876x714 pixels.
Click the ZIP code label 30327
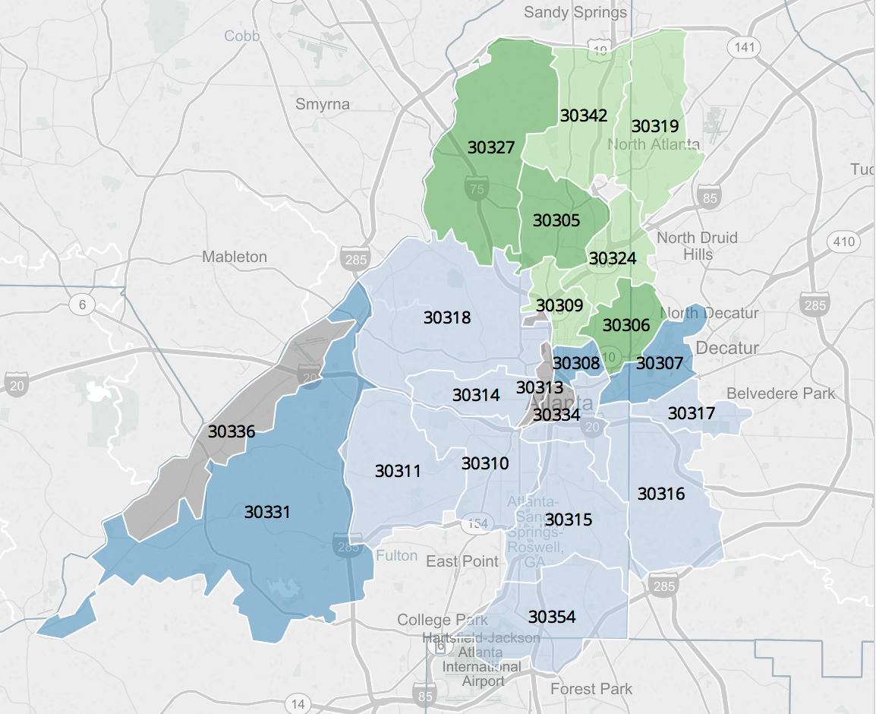pos(491,147)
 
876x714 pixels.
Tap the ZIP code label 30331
pos(267,512)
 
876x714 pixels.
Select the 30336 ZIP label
pos(232,431)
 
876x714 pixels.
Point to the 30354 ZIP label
pos(552,616)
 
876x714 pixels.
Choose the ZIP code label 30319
pos(655,126)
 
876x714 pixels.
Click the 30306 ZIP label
pos(626,325)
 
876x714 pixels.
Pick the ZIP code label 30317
pos(691,413)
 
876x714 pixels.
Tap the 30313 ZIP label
pos(539,387)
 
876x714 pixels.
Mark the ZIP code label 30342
pos(584,115)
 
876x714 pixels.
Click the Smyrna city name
pos(323,104)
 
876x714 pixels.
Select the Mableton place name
pos(235,257)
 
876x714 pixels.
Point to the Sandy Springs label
pos(576,12)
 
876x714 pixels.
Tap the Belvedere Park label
pos(780,393)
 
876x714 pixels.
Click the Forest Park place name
pos(591,689)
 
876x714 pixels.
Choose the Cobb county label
pos(242,36)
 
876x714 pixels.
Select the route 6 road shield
pos(81,305)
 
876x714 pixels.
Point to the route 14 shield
pos(299,704)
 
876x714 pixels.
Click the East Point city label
pos(462,561)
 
